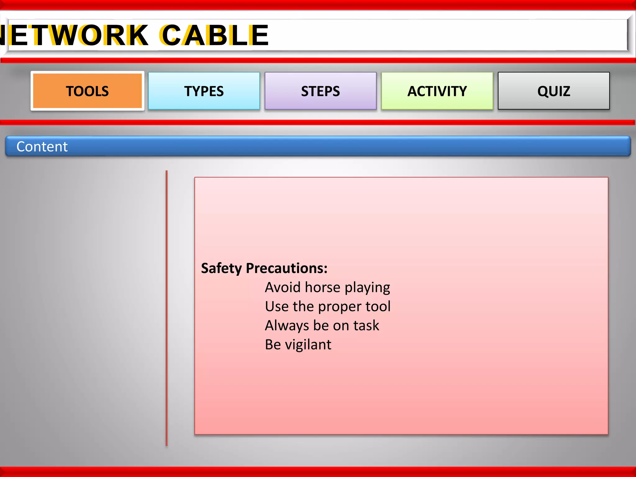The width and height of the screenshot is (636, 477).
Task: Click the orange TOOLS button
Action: pos(87,91)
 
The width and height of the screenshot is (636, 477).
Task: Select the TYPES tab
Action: pos(204,91)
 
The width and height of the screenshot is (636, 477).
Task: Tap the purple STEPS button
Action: pos(320,91)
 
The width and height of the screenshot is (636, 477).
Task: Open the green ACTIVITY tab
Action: pos(437,91)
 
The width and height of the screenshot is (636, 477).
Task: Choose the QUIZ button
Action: pos(554,91)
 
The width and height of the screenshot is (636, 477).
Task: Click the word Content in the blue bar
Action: pos(42,147)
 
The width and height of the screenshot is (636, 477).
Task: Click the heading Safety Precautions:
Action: pos(264,268)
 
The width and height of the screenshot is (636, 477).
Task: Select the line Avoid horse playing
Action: pos(327,287)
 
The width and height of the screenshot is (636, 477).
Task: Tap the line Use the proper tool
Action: pos(328,307)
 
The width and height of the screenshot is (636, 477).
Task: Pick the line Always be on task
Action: pos(322,325)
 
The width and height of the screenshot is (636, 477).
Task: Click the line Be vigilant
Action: pos(298,344)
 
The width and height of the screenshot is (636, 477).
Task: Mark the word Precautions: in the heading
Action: pos(287,268)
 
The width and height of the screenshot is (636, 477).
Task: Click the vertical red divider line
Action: pos(166,307)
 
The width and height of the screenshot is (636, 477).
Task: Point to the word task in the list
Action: pos(366,325)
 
